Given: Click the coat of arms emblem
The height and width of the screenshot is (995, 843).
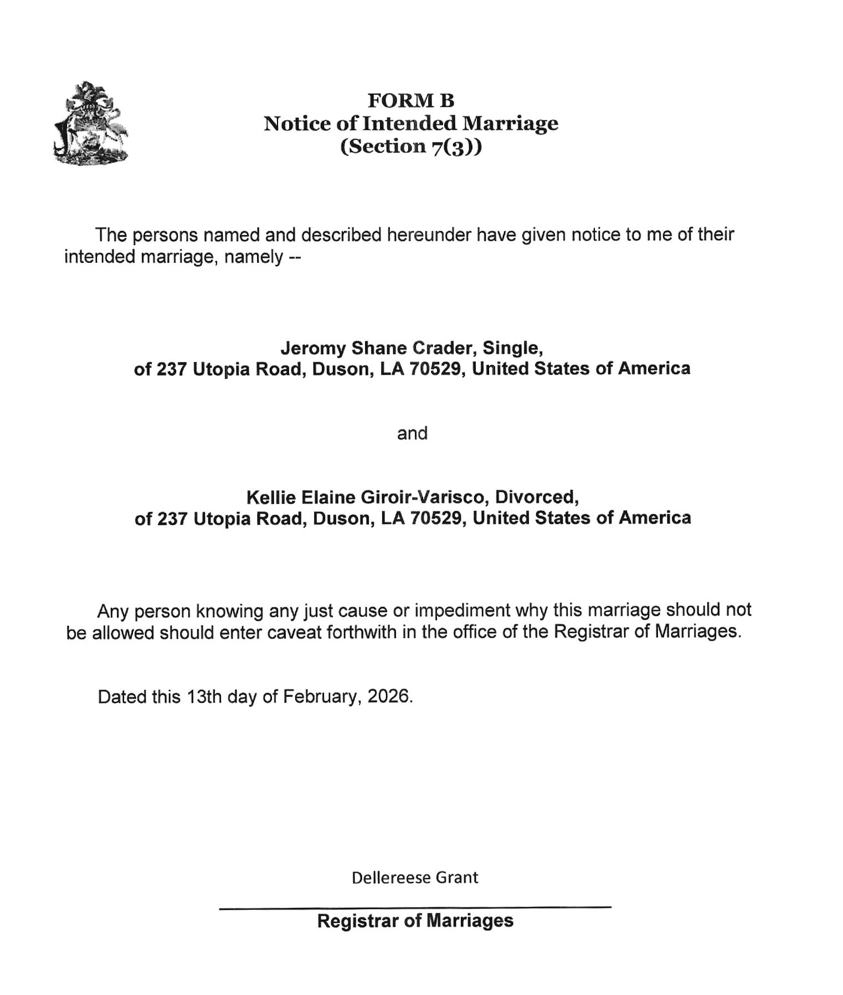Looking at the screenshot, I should (91, 123).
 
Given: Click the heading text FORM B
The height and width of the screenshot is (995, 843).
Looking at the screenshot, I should (411, 101).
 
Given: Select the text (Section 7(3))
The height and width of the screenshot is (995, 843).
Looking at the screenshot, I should (411, 146).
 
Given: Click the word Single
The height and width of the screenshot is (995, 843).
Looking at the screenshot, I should (512, 348).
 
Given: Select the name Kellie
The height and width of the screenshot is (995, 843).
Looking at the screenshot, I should (271, 497).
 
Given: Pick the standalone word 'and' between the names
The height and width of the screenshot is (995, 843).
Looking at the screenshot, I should (412, 433).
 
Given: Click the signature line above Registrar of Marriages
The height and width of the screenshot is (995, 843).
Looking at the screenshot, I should (415, 907).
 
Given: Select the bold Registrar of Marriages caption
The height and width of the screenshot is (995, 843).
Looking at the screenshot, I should (415, 921).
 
